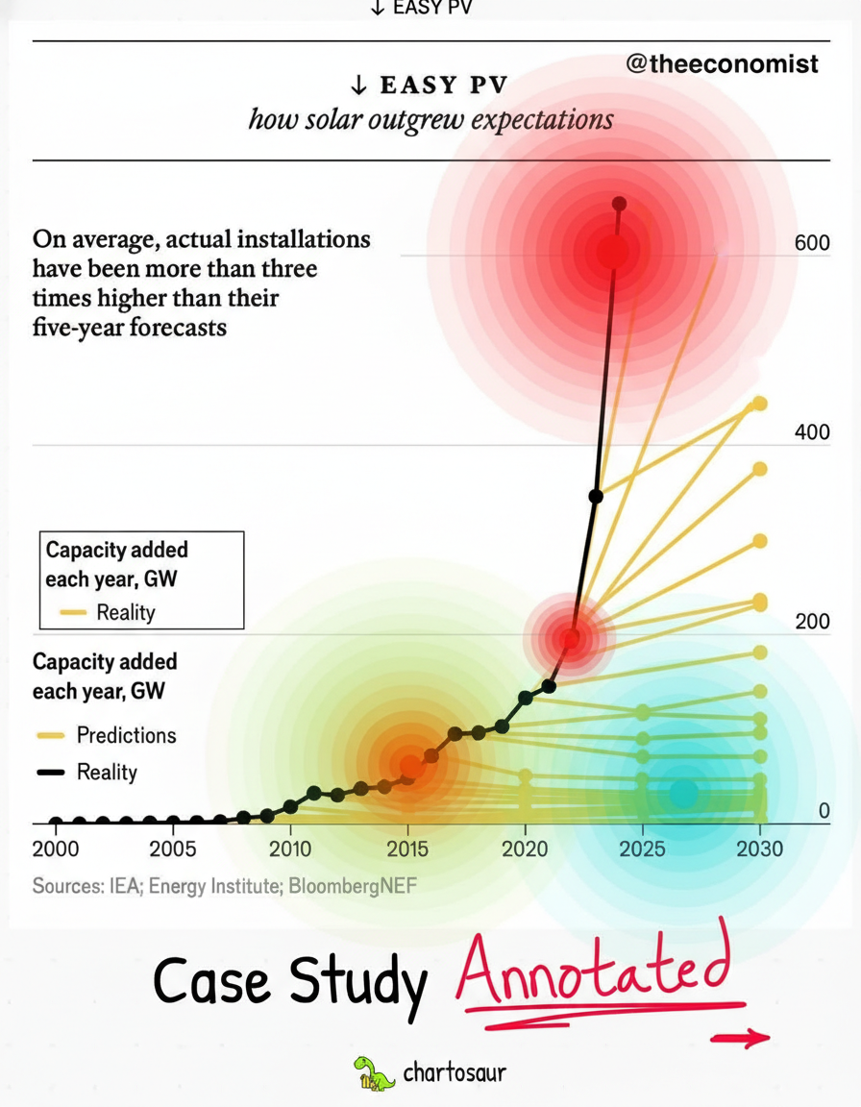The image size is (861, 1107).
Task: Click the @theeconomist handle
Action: click(x=722, y=64)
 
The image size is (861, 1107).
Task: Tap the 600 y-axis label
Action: click(x=812, y=243)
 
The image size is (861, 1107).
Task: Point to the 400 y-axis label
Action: click(x=812, y=432)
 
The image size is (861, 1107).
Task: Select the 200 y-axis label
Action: click(x=812, y=622)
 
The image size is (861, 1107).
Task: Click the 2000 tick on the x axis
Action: click(x=56, y=849)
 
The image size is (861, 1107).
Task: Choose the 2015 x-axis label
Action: click(x=407, y=849)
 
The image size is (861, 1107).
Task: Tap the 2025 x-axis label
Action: click(x=642, y=849)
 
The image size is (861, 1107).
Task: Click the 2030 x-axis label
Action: click(x=759, y=849)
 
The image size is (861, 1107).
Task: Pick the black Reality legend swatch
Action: click(x=50, y=773)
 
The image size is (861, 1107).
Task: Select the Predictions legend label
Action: click(x=126, y=735)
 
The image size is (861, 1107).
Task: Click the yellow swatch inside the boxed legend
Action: click(x=73, y=612)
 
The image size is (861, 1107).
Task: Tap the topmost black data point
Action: click(x=619, y=204)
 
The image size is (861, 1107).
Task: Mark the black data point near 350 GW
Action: click(x=596, y=496)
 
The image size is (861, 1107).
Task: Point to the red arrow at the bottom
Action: click(x=740, y=1038)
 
